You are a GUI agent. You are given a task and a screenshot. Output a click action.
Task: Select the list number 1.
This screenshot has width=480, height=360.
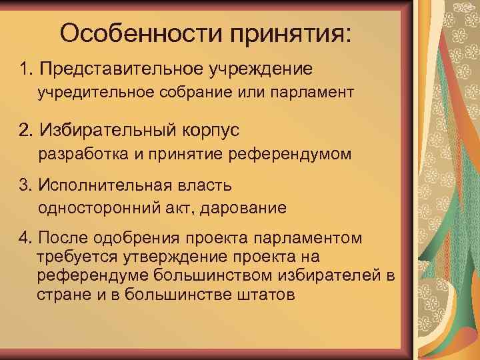[x=26, y=68]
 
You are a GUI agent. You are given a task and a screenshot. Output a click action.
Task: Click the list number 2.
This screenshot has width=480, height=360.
[x=26, y=129]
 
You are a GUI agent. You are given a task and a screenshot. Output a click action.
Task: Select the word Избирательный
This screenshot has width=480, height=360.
[x=105, y=129]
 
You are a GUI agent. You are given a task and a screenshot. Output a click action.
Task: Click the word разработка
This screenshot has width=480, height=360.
[x=82, y=155]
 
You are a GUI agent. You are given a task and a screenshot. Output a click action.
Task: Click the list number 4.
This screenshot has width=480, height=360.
[x=26, y=238]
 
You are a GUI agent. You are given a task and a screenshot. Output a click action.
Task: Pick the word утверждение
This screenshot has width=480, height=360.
[x=163, y=257]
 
